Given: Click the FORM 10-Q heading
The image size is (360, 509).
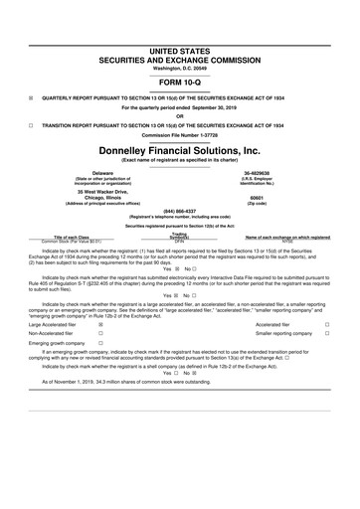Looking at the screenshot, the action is tap(180, 83).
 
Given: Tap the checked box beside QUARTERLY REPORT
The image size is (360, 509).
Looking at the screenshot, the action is tap(31, 98).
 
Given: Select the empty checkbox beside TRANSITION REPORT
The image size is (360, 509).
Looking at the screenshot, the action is tap(31, 125).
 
